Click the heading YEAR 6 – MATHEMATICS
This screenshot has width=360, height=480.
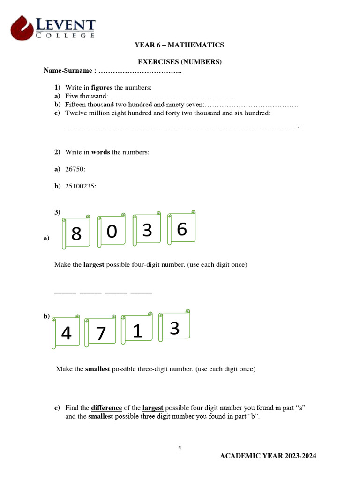tap(179, 45)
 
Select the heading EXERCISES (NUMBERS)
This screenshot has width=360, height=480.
tap(179, 62)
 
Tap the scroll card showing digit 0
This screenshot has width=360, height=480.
tap(112, 231)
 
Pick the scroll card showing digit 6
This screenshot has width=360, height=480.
tap(182, 229)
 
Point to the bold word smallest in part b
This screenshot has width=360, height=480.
tap(97, 369)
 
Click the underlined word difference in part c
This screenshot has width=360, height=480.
tap(106, 408)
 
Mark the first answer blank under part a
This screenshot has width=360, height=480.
tap(65, 292)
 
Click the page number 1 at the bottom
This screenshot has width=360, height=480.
tap(180, 449)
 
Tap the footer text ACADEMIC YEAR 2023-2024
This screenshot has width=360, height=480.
tap(268, 457)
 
